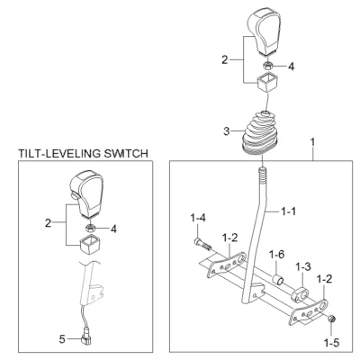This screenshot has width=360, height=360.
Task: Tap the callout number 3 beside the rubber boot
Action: point(227,131)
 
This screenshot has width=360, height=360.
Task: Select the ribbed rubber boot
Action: point(260,133)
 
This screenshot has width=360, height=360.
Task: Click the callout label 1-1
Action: point(288,211)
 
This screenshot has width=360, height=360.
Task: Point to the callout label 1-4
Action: point(198,219)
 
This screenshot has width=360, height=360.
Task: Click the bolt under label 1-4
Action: point(203,244)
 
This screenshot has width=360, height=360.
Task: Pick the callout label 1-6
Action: point(276,255)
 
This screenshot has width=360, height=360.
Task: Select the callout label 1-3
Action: point(303,266)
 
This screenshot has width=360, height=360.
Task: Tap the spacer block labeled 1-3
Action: point(300,294)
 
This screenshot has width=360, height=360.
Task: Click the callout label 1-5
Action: point(332,342)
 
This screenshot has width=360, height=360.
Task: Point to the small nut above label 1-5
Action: point(331,319)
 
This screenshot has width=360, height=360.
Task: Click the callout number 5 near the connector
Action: point(62,339)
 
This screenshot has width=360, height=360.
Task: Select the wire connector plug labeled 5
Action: point(85,339)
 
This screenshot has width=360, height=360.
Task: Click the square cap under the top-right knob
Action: point(267,82)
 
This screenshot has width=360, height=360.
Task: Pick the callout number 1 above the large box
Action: point(313,141)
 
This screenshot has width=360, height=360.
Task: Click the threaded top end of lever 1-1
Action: point(263,176)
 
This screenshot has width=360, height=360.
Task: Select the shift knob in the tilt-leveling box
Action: point(86,193)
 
